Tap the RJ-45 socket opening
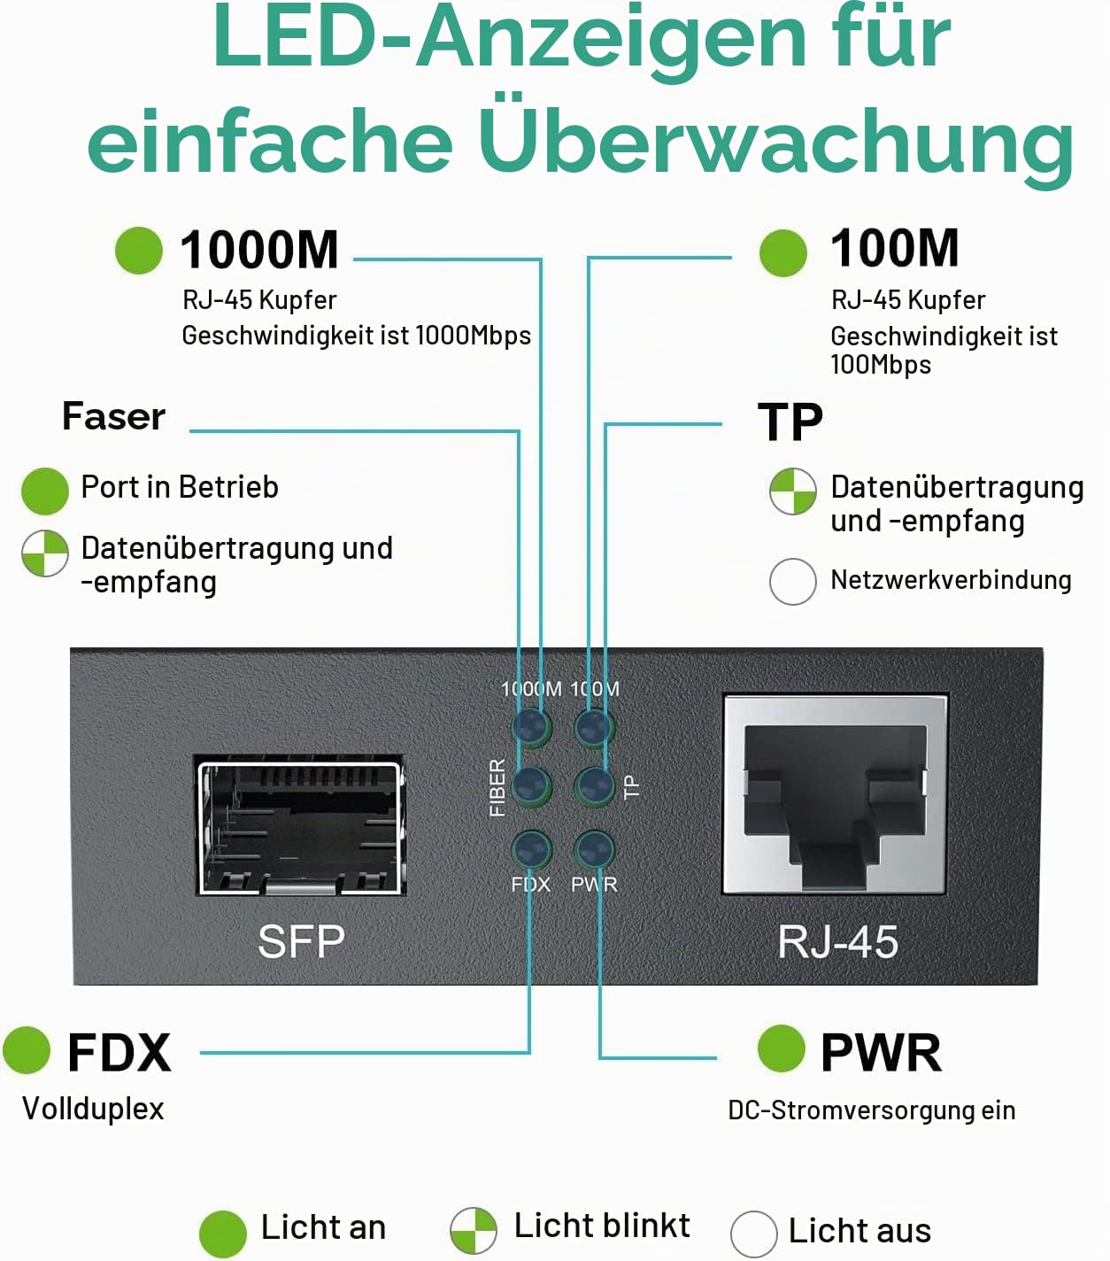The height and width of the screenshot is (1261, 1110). tap(835, 795)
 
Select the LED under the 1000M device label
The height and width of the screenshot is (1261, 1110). tap(531, 727)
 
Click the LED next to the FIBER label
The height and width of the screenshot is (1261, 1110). tap(531, 786)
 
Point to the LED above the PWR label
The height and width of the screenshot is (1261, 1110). tap(595, 849)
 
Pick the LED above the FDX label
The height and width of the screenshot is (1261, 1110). tap(531, 849)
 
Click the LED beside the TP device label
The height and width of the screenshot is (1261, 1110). tap(595, 786)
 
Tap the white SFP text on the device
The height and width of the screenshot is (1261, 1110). tap(301, 941)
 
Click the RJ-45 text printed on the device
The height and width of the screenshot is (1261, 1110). tap(837, 941)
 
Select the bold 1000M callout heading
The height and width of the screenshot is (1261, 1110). tap(259, 251)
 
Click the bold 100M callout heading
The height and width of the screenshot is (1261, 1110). tap(895, 248)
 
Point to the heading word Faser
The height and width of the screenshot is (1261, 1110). tap(114, 416)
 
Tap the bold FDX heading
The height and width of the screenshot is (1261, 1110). tap(119, 1053)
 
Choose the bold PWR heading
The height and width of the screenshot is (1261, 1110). tap(881, 1053)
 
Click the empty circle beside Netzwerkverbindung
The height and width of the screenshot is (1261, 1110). tap(793, 581)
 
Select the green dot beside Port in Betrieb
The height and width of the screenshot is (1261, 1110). tap(45, 491)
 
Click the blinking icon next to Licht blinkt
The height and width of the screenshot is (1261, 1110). tap(474, 1231)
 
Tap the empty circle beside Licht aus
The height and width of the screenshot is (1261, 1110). tap(754, 1234)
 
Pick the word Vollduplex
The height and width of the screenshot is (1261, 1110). tap(93, 1109)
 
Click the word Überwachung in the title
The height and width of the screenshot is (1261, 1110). tap(776, 140)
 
